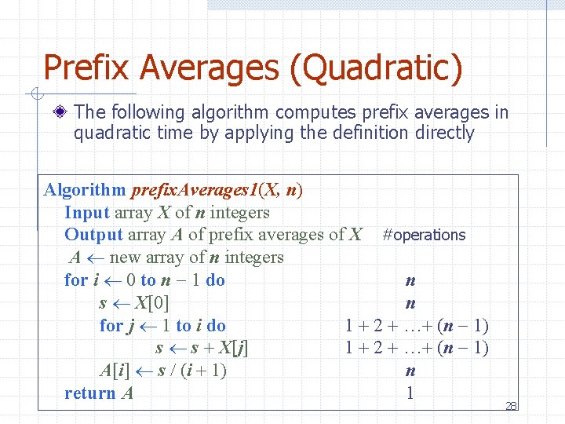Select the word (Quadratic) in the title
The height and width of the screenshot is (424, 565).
(x=376, y=68)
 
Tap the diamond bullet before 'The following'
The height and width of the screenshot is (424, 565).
(x=61, y=113)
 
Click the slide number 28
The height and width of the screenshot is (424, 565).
(x=511, y=406)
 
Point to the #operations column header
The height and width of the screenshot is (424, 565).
(x=424, y=235)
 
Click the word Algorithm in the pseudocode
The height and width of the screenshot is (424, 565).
(x=85, y=190)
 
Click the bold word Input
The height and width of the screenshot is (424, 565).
(x=87, y=212)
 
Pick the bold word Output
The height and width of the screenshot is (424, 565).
(x=93, y=235)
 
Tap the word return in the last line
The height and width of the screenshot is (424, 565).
(x=89, y=393)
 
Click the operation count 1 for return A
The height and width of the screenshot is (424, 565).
(x=410, y=393)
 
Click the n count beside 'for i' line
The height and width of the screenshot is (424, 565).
(x=410, y=280)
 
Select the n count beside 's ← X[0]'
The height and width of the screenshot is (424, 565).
(x=410, y=303)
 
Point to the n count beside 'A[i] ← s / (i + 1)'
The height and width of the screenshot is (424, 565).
(x=410, y=371)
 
